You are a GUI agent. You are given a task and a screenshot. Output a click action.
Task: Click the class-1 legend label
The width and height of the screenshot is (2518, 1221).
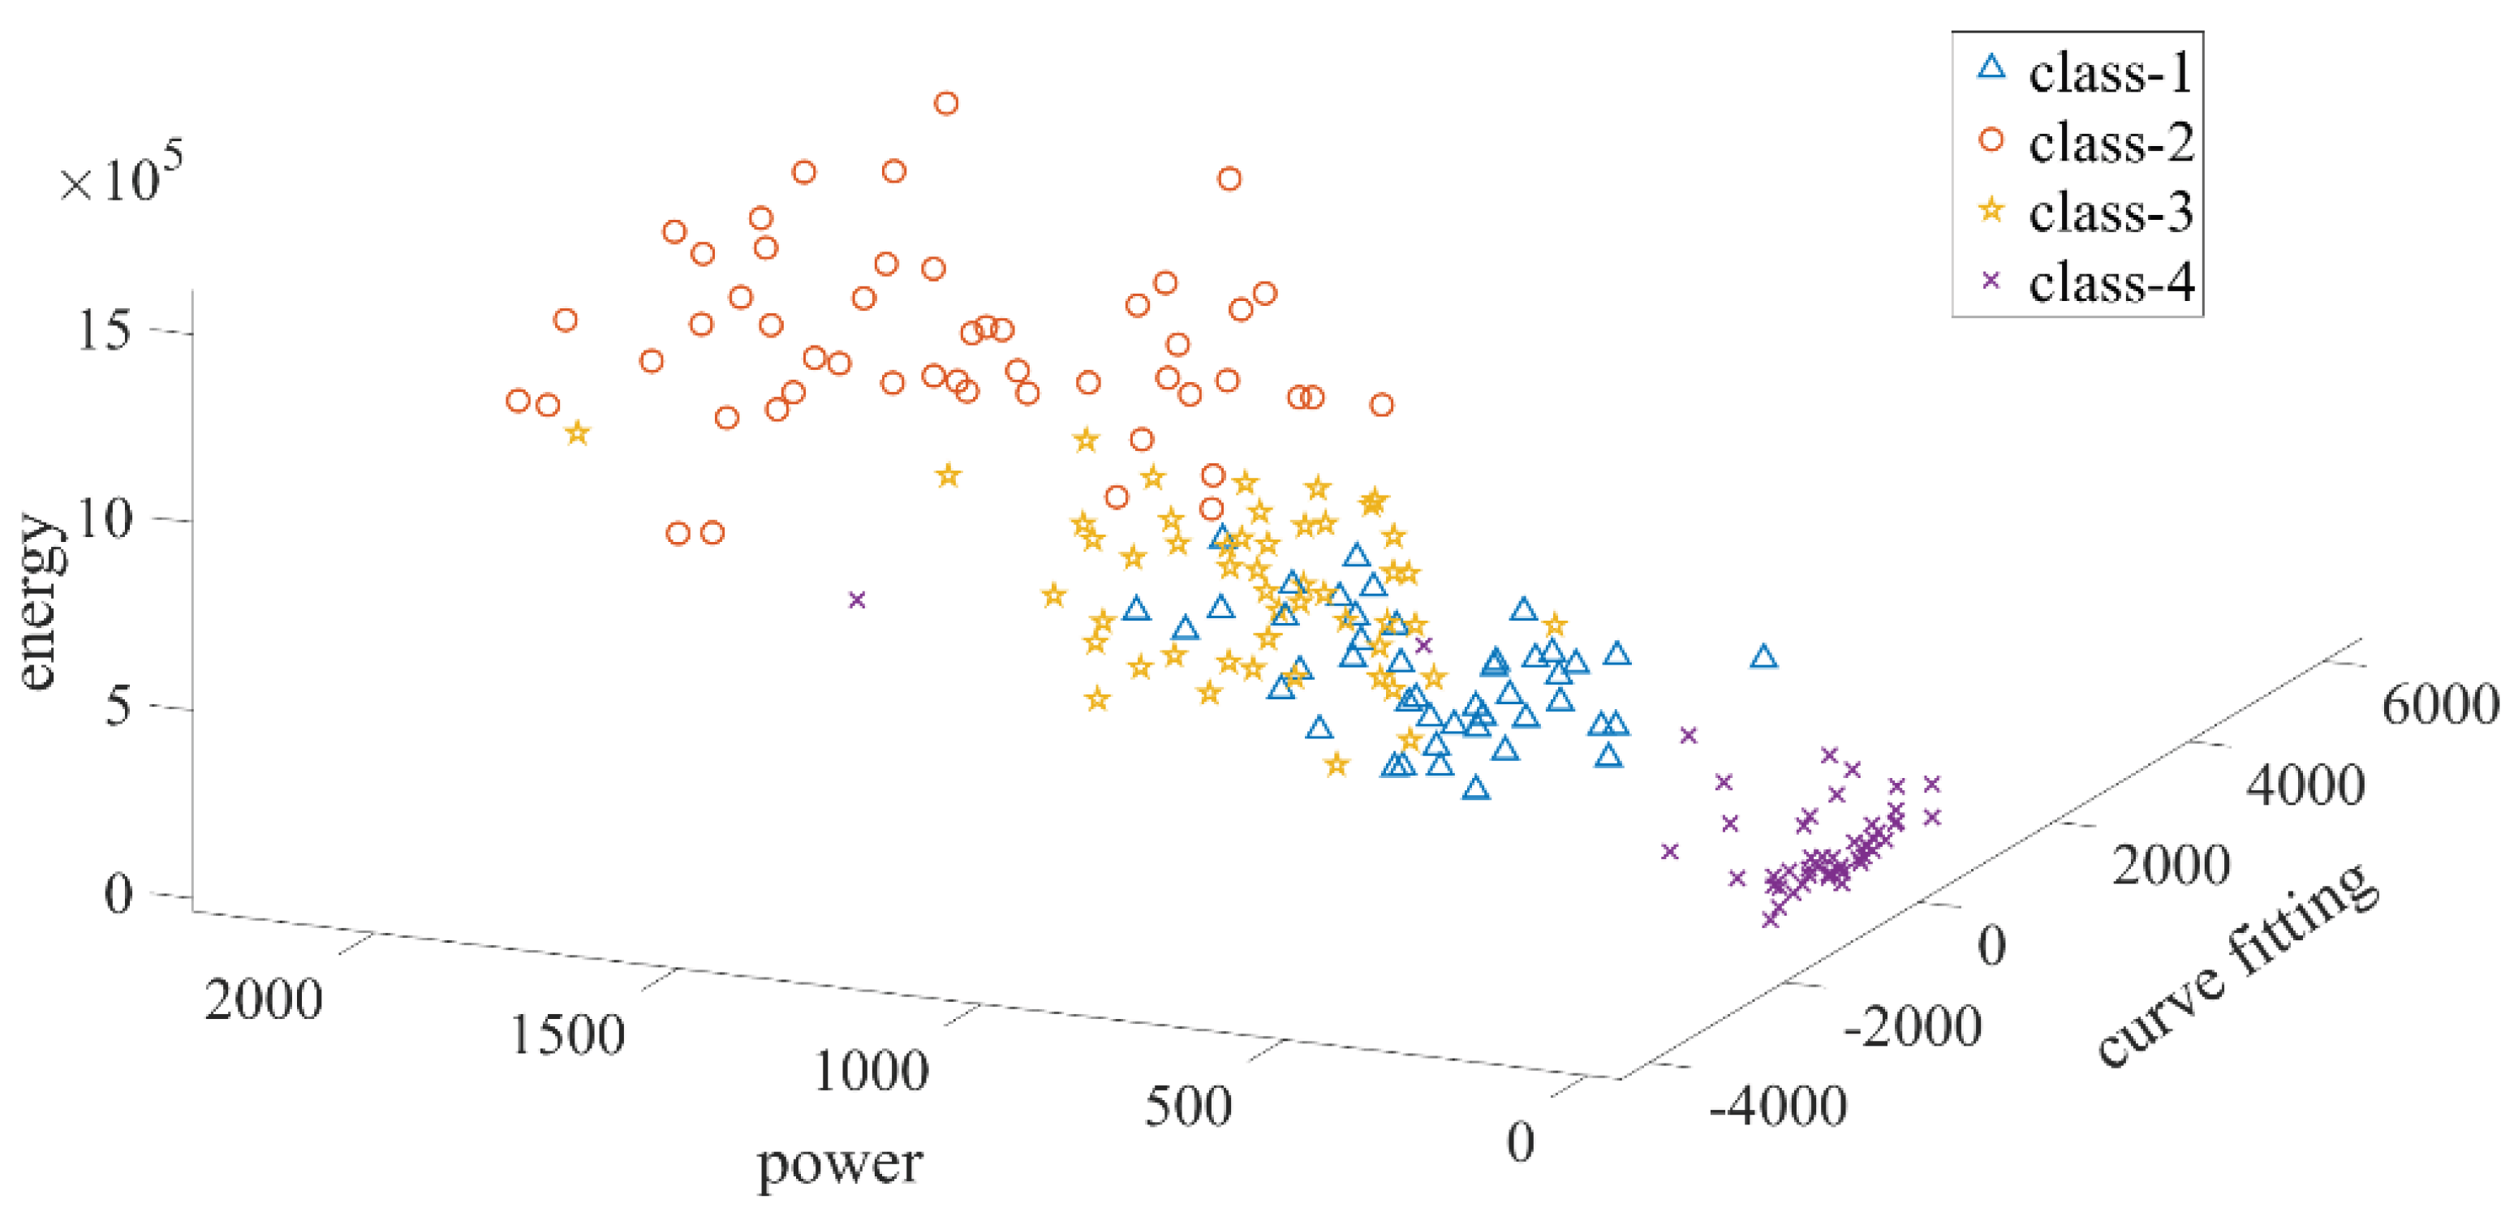[x=2109, y=73]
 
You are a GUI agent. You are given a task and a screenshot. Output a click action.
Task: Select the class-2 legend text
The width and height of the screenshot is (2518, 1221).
[x=2109, y=144]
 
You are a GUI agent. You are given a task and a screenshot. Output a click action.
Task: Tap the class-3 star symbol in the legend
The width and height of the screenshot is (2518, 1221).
[x=1991, y=210]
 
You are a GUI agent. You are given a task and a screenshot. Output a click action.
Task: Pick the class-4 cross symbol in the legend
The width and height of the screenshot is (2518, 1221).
[x=1991, y=281]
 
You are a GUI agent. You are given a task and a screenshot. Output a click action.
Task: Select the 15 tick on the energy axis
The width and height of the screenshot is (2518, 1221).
[x=102, y=330]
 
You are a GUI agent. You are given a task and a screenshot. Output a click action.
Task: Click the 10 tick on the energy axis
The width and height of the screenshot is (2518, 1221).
[x=102, y=518]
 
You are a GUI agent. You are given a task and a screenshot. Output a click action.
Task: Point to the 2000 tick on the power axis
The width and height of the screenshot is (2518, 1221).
[x=263, y=1000]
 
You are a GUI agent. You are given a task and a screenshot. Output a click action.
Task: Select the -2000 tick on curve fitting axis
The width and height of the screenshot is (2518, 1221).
[x=1911, y=1026]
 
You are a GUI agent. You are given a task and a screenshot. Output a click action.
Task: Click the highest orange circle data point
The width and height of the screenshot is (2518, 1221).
[x=945, y=104]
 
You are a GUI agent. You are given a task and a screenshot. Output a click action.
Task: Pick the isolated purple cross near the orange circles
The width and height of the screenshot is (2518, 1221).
[x=857, y=600]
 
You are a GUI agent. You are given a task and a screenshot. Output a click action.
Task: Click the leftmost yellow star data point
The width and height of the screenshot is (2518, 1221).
[x=578, y=433]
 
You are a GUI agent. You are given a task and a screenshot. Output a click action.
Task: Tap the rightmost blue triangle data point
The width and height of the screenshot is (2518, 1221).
[x=1763, y=657]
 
